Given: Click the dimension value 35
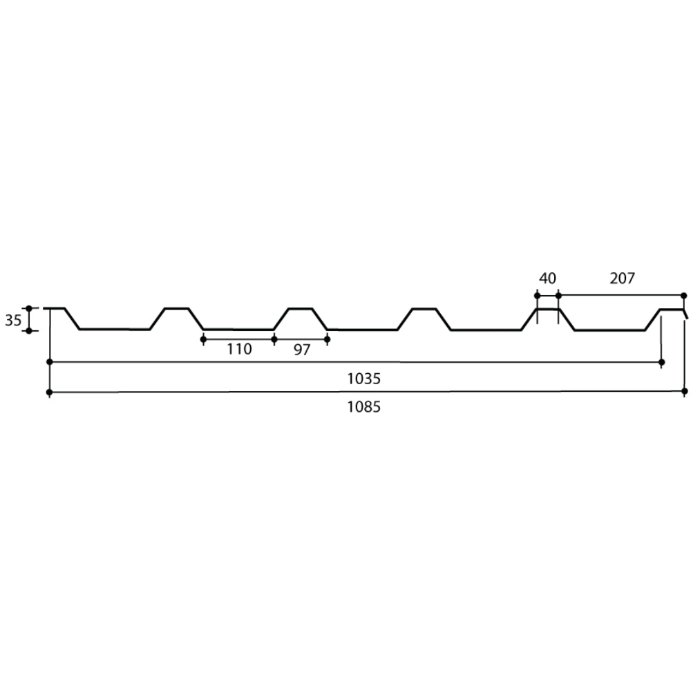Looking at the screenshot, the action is coord(12,320).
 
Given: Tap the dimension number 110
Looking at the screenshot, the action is coord(239,349).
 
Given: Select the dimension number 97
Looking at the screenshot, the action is coord(302,350).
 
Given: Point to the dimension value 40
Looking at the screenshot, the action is coord(547,278).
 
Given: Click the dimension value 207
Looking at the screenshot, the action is coord(623,278).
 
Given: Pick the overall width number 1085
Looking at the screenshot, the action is coord(363,407).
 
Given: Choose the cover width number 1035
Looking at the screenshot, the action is coord(363,379).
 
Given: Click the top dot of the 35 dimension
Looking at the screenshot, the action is coord(29,308).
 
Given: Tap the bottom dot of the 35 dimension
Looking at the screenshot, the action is coord(29,330).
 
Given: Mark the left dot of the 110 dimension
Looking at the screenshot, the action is coord(203,339).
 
